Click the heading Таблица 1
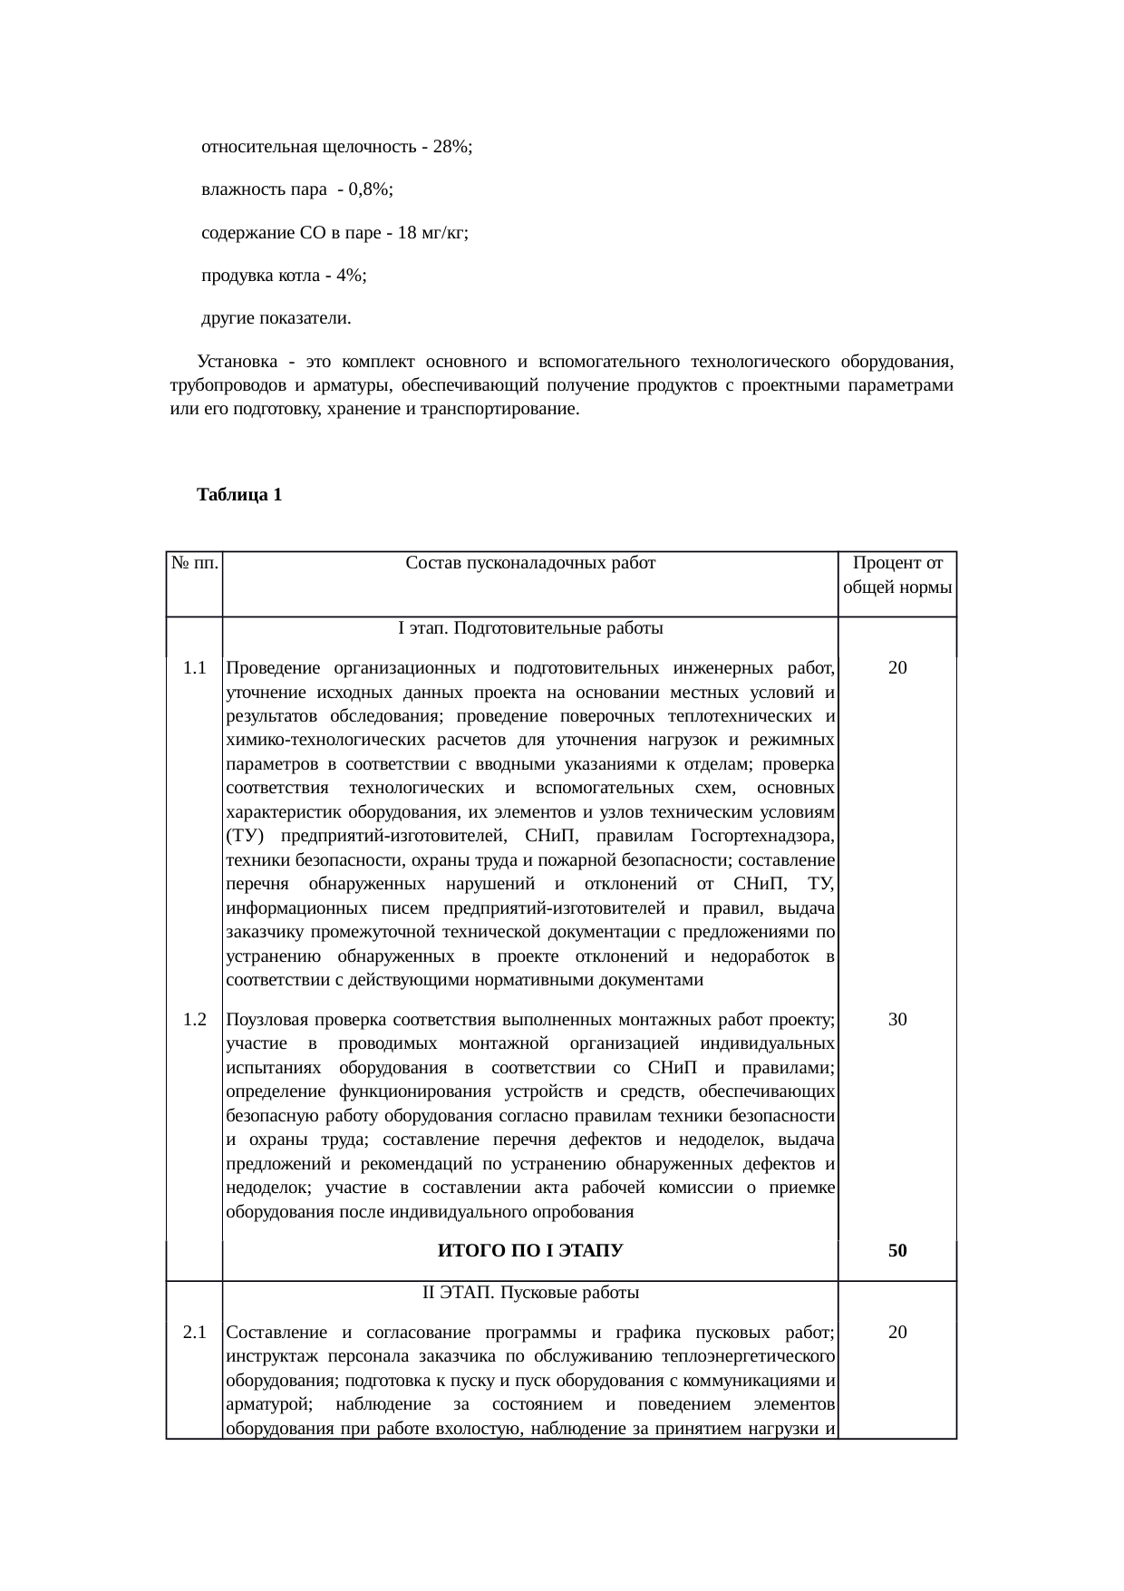(x=239, y=495)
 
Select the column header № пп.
(x=194, y=563)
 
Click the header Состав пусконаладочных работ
(x=530, y=563)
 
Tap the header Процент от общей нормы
(x=896, y=575)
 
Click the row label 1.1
(x=194, y=669)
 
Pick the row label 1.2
(x=194, y=1019)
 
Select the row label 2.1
(x=194, y=1333)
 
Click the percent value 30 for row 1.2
(x=896, y=1019)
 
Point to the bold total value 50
(x=896, y=1251)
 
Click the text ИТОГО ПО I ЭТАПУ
(x=530, y=1251)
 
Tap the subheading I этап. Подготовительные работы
(x=530, y=628)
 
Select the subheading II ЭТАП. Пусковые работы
(x=530, y=1292)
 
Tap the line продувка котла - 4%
(x=283, y=276)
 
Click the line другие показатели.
(x=276, y=319)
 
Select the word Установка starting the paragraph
(x=237, y=362)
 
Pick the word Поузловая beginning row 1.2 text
(x=264, y=1019)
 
